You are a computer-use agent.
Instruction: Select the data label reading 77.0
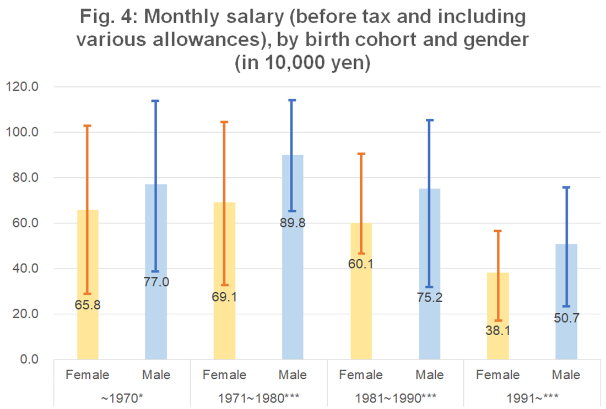(x=156, y=282)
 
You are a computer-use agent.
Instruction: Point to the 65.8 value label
(x=88, y=304)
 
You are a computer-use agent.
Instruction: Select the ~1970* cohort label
(x=122, y=396)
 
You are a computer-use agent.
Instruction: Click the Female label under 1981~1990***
(x=361, y=375)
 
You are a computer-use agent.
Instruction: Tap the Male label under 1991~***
(x=566, y=375)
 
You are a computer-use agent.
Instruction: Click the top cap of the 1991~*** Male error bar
(x=566, y=188)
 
